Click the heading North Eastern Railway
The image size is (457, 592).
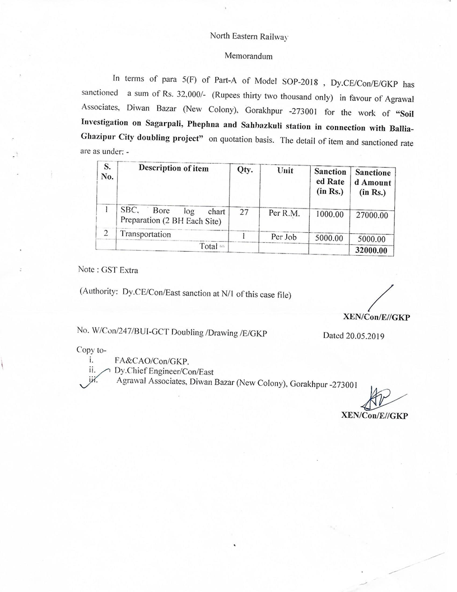coord(248,36)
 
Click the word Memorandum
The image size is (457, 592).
coord(248,56)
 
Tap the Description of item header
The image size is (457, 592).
coord(174,169)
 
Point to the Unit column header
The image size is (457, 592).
coord(285,170)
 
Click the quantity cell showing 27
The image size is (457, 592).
coord(244,213)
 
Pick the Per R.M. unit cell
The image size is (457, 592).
coord(285,214)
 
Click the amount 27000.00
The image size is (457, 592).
coord(372,215)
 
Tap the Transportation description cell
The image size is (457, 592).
coord(145,234)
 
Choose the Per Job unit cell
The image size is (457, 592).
coord(285,237)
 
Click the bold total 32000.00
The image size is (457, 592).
coord(371,251)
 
